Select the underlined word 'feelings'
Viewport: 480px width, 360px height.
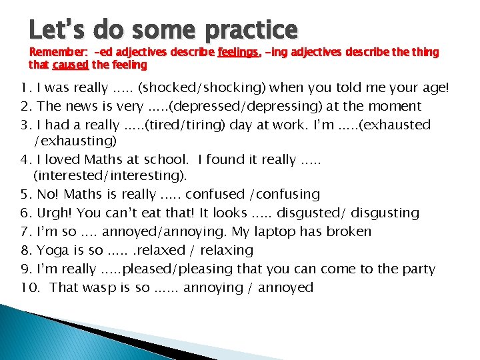(237, 52)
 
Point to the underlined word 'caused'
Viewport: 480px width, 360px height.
(70, 65)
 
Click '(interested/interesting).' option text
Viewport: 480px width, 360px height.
(110, 176)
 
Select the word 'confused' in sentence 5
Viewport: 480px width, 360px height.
(215, 194)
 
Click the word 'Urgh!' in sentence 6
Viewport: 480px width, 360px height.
(55, 213)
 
